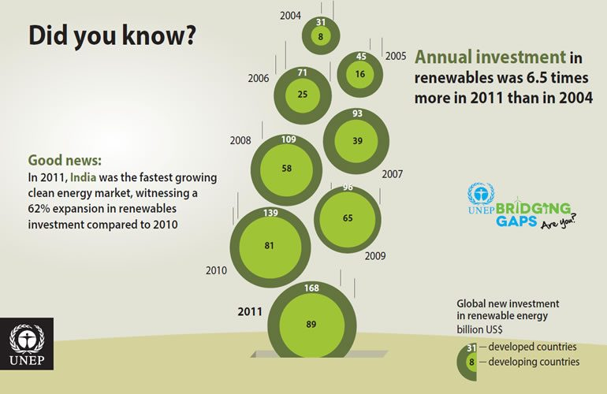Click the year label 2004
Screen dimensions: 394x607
[291, 16]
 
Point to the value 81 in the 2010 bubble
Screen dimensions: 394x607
[269, 245]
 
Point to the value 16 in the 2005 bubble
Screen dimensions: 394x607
[359, 74]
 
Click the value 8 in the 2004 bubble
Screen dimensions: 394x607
[320, 36]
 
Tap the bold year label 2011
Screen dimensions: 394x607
[250, 311]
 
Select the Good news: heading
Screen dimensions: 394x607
[65, 160]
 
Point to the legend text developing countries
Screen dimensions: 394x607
[534, 362]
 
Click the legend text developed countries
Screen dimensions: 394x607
[532, 347]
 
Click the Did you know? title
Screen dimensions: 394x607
[111, 36]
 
